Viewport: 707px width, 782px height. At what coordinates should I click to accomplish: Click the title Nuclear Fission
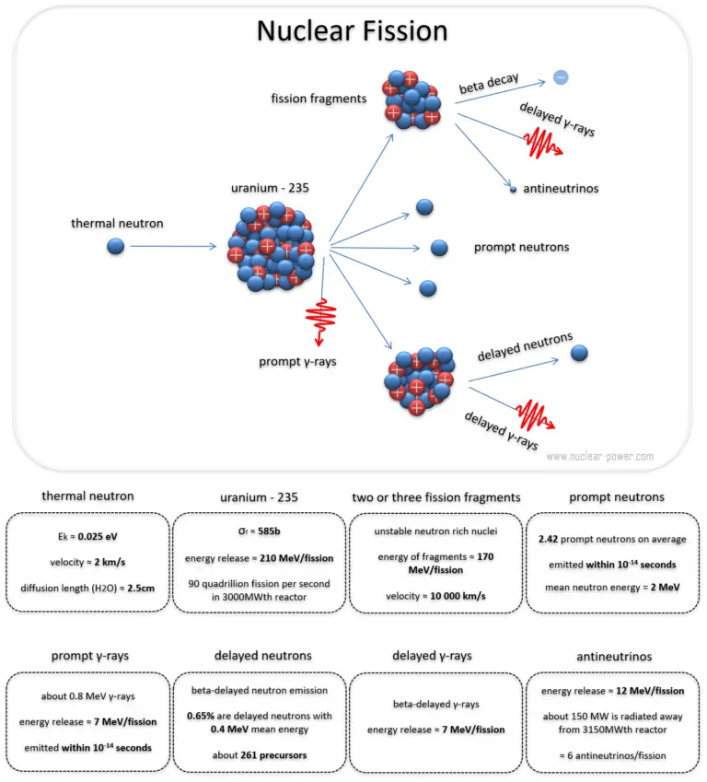(353, 32)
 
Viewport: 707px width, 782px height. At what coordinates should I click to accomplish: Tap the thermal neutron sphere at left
(115, 246)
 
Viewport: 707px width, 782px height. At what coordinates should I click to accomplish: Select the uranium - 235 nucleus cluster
(270, 246)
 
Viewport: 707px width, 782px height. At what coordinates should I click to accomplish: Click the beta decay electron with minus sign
(562, 77)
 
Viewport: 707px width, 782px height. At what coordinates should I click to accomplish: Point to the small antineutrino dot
(513, 190)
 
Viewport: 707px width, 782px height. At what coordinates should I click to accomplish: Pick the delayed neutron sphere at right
(580, 352)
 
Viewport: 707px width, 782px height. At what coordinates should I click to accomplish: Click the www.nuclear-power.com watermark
(599, 456)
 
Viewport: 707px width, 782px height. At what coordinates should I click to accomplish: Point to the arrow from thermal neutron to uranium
(173, 247)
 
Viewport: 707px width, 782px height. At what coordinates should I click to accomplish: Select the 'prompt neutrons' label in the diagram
(521, 247)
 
